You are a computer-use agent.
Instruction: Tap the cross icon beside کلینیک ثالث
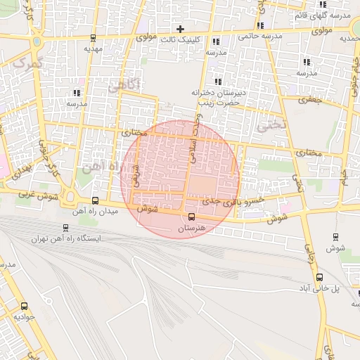tap(181, 30)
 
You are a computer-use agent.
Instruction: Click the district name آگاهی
tap(124, 86)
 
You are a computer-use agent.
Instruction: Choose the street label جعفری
tap(311, 99)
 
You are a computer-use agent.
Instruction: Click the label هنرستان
tap(191, 229)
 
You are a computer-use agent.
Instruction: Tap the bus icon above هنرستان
tap(191, 216)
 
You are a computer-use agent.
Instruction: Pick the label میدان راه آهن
tap(91, 211)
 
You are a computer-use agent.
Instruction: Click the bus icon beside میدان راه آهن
tap(96, 200)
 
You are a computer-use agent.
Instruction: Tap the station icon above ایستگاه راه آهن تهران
tap(65, 228)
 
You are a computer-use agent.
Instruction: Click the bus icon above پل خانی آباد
tap(320, 277)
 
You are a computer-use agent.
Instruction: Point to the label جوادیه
tap(24, 318)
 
